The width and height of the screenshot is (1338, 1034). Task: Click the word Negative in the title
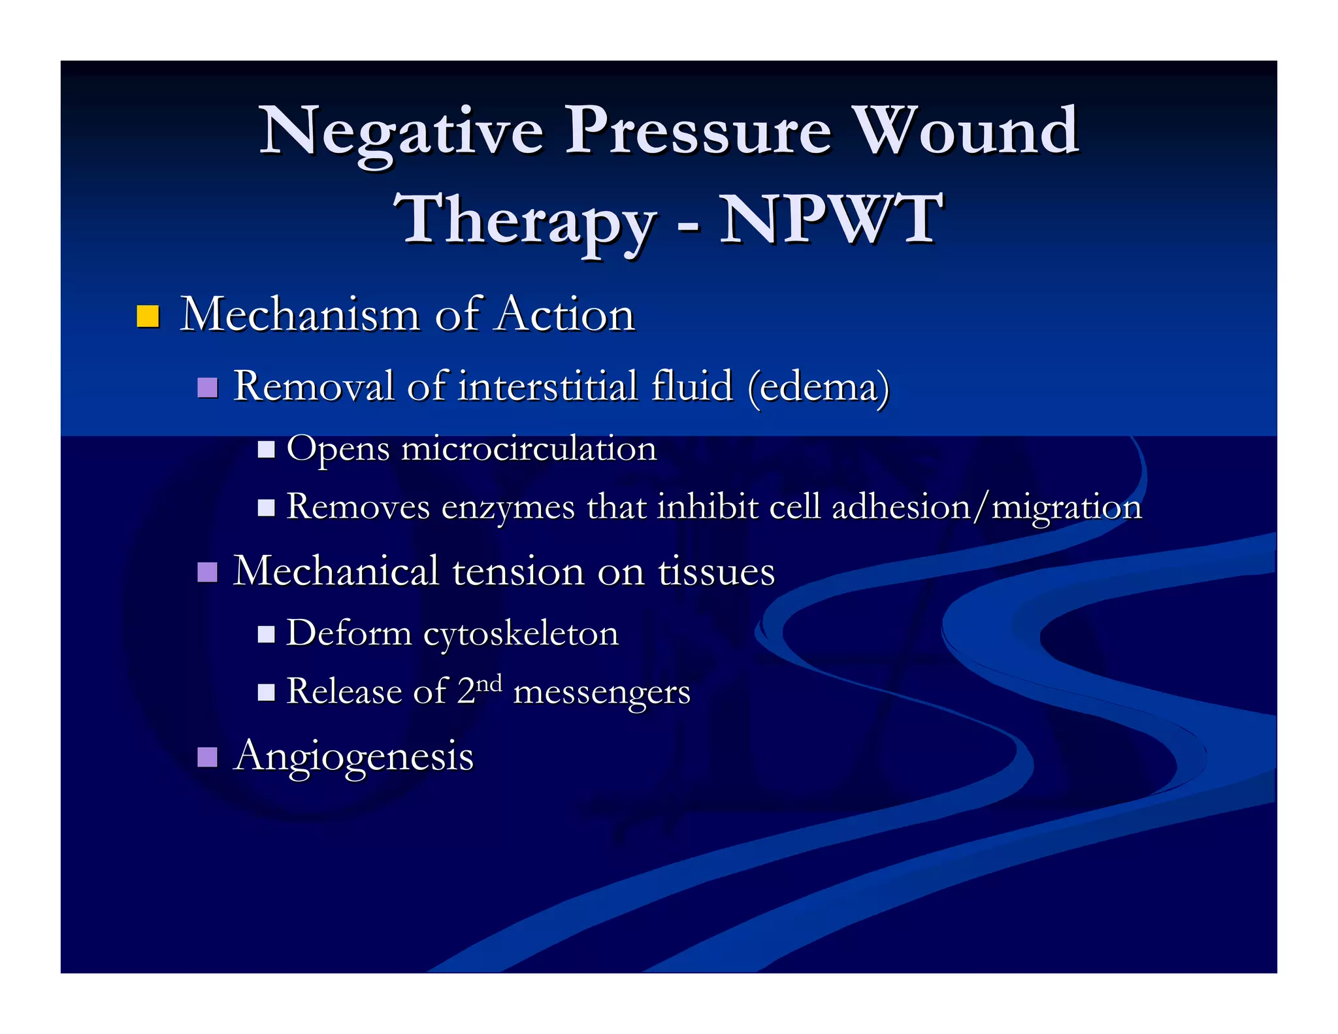(401, 133)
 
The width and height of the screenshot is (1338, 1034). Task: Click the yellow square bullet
(148, 316)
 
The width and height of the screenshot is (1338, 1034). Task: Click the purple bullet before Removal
(207, 388)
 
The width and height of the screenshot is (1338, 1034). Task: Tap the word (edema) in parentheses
(819, 386)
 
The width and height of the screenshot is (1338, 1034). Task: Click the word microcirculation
(529, 449)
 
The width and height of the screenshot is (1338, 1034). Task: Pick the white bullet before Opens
(266, 450)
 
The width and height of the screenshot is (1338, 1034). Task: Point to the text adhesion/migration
(987, 508)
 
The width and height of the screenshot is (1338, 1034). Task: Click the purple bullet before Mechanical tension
(207, 573)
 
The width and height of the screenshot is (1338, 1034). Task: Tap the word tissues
(716, 571)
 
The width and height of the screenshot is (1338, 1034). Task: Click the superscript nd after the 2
(489, 684)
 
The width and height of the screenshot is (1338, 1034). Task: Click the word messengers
(602, 692)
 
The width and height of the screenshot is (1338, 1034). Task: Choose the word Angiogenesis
(353, 757)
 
